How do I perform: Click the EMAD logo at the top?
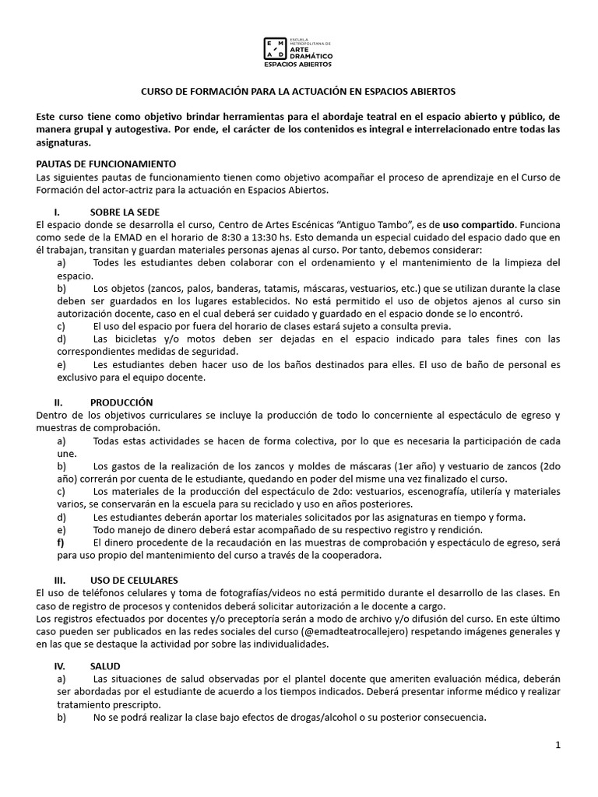coord(299,49)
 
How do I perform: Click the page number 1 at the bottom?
coord(558,746)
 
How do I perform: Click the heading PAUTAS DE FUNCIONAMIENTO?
coord(107,164)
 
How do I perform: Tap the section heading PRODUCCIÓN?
coord(121,402)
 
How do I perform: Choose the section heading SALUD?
coord(105,666)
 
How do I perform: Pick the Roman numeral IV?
coord(59,666)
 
